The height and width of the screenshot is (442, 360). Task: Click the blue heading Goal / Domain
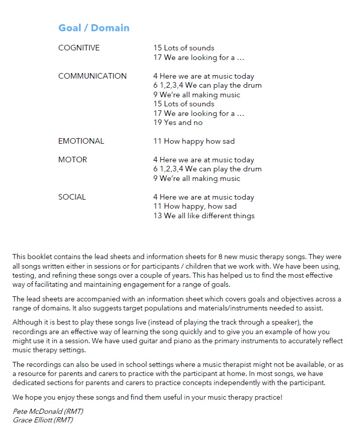tap(94, 28)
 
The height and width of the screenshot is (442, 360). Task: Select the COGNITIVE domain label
tap(79, 48)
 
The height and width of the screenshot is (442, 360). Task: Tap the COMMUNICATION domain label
tap(92, 76)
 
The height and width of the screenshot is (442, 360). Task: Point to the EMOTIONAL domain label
tap(81, 141)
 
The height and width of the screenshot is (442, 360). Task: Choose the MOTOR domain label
tap(73, 160)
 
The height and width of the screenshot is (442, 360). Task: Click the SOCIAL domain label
tap(72, 197)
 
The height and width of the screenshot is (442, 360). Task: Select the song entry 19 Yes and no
tap(178, 122)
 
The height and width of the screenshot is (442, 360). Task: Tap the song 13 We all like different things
tap(204, 216)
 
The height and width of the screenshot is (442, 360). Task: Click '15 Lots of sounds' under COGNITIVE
tap(184, 48)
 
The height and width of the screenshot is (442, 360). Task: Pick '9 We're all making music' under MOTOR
tap(197, 178)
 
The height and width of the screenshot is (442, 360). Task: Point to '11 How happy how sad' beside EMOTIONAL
tap(194, 141)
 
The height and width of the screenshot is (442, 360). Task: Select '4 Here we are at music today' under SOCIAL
tap(204, 197)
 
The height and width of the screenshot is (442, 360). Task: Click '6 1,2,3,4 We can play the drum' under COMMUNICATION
tap(207, 85)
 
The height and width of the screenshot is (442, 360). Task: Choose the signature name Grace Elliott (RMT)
tap(43, 420)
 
